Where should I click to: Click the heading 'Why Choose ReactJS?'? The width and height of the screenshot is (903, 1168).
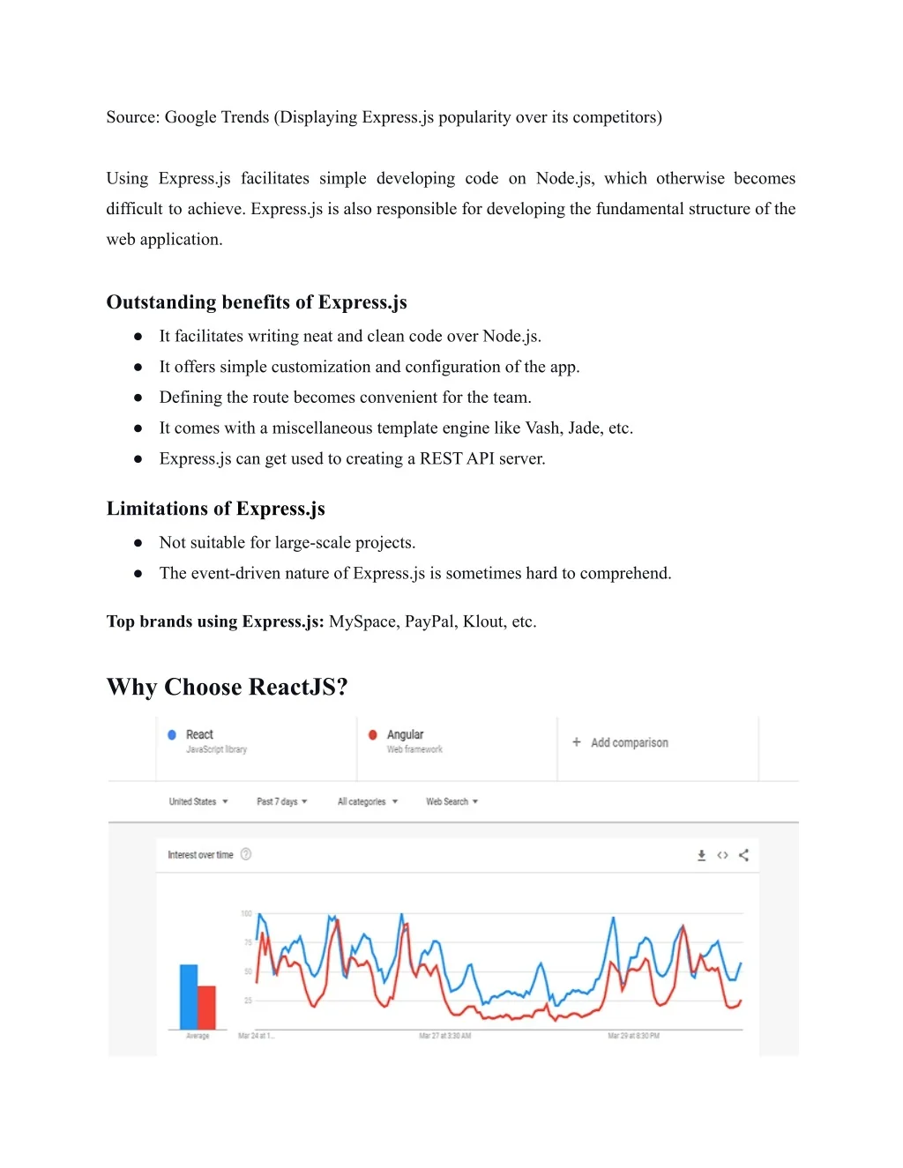point(227,687)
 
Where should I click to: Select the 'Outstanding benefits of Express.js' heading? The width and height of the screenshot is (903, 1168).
point(257,302)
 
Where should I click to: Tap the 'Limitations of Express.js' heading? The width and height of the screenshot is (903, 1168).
point(216,509)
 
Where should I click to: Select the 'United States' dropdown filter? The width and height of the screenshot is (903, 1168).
point(198,801)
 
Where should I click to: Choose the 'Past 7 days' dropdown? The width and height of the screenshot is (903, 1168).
point(281,801)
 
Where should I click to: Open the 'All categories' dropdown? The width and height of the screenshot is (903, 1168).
point(367,801)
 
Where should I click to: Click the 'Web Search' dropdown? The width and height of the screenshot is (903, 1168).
point(451,801)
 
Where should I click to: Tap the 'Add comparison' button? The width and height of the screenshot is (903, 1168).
point(620,742)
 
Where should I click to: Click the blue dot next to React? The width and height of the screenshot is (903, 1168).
point(172,734)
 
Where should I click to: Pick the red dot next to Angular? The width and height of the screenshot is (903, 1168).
point(373,734)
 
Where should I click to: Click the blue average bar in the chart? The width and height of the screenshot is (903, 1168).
point(189,996)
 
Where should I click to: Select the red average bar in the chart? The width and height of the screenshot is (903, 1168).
point(206,1007)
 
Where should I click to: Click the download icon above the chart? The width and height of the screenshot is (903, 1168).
point(702,855)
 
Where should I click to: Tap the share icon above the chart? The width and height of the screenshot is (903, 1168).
point(743,855)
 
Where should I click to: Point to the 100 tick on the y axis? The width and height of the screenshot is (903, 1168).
point(246,913)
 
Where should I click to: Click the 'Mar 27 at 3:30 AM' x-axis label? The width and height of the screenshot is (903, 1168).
point(444,1036)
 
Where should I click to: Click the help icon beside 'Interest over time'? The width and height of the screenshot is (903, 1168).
point(246,854)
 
